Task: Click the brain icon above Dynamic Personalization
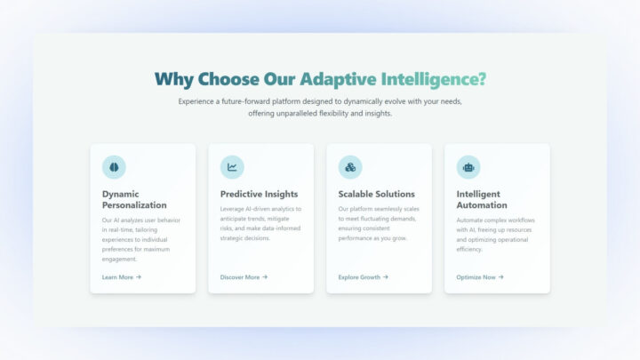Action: [x=114, y=167]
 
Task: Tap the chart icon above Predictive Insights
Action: [x=232, y=167]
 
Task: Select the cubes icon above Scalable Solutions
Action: [x=350, y=167]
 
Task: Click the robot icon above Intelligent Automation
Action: [x=468, y=167]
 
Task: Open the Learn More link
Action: [x=117, y=277]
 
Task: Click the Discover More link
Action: [x=240, y=277]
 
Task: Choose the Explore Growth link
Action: [x=359, y=277]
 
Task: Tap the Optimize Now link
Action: [x=476, y=277]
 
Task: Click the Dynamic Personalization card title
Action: [x=134, y=199]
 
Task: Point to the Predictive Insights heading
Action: [x=259, y=194]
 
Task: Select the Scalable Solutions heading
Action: [x=376, y=194]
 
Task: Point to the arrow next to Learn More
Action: [x=139, y=277]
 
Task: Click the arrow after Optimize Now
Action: [x=501, y=277]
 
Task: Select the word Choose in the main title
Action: [x=229, y=79]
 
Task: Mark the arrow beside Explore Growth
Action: [x=385, y=277]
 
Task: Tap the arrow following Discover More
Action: [x=265, y=277]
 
